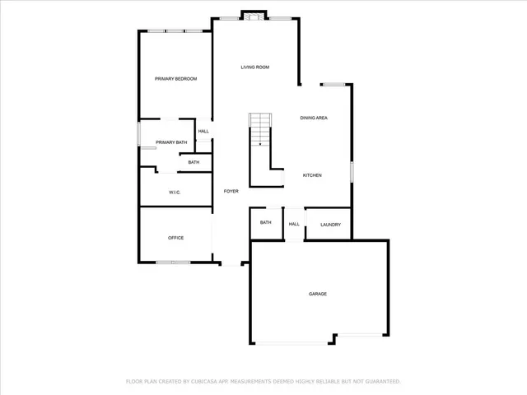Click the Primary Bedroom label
coord(176,78)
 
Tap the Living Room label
coord(255,67)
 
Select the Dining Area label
coord(314,118)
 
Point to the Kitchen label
coord(312,175)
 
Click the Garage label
coord(318,294)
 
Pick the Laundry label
coord(330,224)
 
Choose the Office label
coord(175,238)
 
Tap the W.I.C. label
coord(175,193)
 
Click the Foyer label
coord(231,191)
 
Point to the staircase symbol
coord(260,130)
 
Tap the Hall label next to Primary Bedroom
coord(203,131)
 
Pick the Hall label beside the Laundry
coord(294,224)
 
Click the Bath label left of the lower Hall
coord(266,222)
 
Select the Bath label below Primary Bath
coord(194,162)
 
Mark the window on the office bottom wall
coord(174,263)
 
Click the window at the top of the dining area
coord(333,84)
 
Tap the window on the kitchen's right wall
coord(352,173)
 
